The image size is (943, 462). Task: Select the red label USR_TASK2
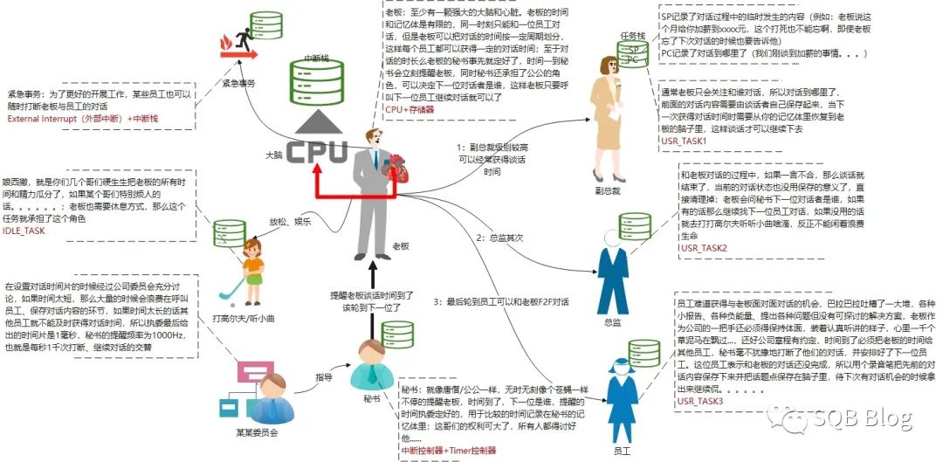pos(704,249)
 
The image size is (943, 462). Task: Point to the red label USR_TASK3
pos(700,400)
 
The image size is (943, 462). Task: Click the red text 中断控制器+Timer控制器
pos(448,450)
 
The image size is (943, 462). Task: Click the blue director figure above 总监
pos(613,270)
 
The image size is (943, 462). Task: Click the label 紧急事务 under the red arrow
pos(238,83)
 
